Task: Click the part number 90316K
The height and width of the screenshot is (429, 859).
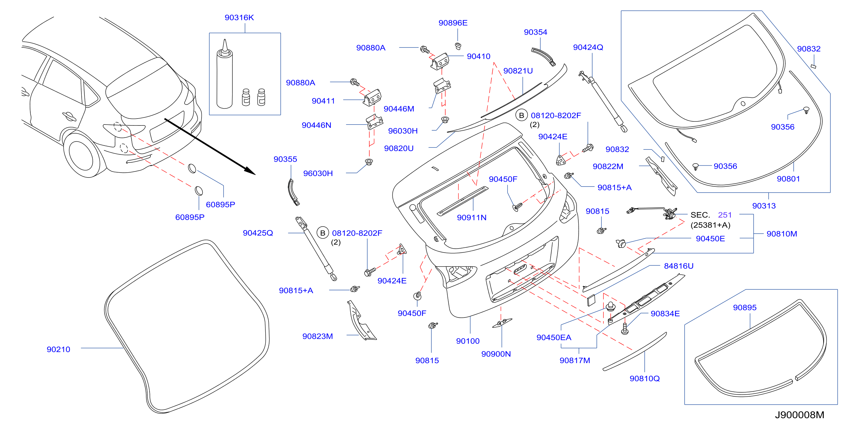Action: coord(239,17)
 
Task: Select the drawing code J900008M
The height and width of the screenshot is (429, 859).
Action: coord(799,415)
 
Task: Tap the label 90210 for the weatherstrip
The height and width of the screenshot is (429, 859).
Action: coord(58,349)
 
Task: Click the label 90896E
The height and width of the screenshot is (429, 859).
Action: coord(453,23)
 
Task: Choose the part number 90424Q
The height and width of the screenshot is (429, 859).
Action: coord(588,47)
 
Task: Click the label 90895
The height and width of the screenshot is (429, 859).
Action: coord(745,308)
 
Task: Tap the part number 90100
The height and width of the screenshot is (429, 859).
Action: coord(467,341)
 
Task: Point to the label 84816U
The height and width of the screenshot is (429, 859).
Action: coord(679,266)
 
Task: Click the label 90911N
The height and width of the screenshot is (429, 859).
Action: coord(472,217)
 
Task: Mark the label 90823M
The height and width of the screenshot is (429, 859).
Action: coord(317,336)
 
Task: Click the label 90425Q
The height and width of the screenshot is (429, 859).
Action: coord(258,233)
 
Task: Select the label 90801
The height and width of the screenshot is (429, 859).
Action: coord(788,179)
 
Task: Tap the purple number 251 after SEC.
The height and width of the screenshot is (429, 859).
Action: coord(725,215)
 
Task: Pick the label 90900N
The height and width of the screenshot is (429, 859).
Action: coord(496,354)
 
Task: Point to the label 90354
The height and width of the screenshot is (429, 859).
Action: coord(535,32)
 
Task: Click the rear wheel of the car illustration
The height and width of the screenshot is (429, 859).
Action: coord(82,155)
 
